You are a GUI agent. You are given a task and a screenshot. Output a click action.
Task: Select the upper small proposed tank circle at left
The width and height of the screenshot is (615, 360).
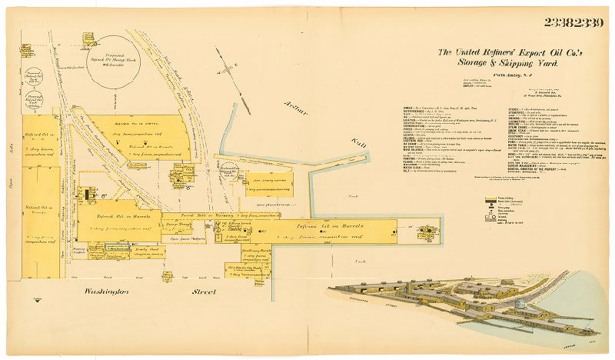tap(33, 78)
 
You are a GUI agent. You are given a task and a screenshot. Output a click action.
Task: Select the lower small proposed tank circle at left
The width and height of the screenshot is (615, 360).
tap(33, 100)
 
